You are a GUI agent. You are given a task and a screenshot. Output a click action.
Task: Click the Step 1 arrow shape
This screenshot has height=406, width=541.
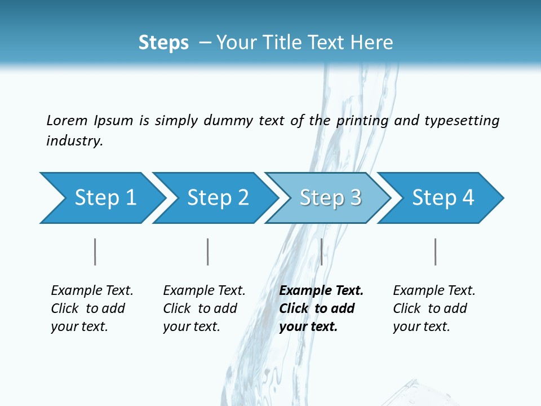[x=105, y=198]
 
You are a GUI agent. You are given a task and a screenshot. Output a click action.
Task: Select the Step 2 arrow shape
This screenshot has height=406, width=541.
[x=218, y=198]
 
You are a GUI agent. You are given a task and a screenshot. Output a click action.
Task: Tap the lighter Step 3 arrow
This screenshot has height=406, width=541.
[x=330, y=198]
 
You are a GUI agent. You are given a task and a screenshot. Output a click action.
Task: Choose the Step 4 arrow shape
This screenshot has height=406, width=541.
[x=443, y=198]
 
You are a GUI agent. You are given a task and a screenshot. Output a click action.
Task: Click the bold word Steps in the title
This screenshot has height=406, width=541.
[x=163, y=42]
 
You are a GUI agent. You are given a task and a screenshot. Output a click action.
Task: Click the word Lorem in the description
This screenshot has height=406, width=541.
[x=66, y=120]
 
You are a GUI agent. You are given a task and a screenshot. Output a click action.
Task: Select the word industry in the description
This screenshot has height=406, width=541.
[x=74, y=140]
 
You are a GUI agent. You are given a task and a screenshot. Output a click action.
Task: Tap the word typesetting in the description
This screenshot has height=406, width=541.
[x=462, y=120]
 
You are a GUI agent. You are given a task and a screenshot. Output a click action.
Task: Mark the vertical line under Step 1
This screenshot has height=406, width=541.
[x=95, y=251]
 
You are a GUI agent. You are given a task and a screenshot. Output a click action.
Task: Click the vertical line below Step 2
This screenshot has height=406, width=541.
[x=207, y=251]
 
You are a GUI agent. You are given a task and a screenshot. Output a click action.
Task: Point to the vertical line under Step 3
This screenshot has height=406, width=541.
[x=321, y=251]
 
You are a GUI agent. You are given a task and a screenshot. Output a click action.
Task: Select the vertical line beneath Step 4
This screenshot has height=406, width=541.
[x=435, y=251]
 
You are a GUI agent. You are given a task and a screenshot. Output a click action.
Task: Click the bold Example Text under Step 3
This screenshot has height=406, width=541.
[x=321, y=291]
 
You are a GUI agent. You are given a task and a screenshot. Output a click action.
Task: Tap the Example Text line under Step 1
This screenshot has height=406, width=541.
[x=92, y=291]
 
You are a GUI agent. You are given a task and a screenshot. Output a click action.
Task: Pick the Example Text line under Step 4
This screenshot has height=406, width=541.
[x=434, y=291]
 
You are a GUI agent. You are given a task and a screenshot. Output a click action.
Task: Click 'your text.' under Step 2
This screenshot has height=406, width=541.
[x=191, y=326]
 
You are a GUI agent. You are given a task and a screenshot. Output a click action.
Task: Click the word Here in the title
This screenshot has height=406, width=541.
[x=373, y=42]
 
